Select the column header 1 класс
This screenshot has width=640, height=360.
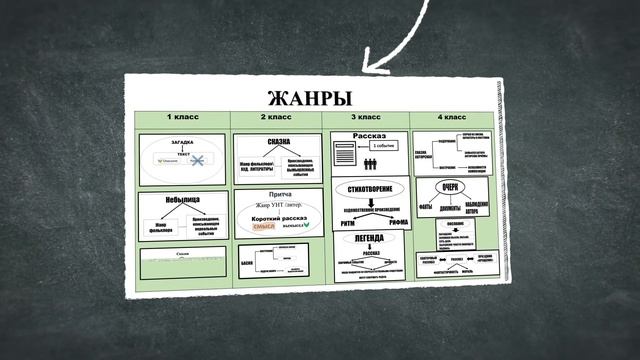(182, 118)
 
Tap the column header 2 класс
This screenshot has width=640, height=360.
(275, 118)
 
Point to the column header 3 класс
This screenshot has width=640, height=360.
(367, 119)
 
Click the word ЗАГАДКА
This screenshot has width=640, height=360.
(182, 143)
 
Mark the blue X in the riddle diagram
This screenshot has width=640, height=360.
(199, 162)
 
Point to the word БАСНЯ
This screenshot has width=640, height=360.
(247, 264)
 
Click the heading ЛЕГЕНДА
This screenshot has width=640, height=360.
(369, 239)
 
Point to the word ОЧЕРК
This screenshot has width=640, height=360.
(449, 185)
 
